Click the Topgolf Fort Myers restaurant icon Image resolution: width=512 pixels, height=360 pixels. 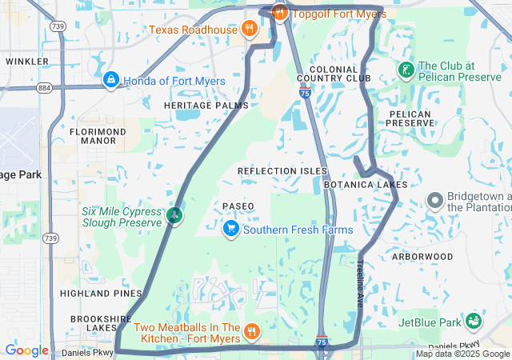279,12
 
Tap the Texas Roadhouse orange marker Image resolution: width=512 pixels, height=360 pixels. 250,30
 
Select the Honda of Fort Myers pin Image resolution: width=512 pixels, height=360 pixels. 110,81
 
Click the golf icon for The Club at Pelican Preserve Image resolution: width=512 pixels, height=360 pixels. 406,70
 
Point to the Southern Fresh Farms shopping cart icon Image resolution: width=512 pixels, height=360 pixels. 231,230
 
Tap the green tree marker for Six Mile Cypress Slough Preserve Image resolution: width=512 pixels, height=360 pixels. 174,215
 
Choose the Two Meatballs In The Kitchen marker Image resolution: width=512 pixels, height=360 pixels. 252,331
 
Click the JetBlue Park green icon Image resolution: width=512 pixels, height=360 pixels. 474,322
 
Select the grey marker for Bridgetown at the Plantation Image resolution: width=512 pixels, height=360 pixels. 435,200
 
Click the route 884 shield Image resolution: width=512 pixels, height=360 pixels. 43,87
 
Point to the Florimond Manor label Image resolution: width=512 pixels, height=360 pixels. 98,135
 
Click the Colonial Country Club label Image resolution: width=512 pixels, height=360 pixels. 334,74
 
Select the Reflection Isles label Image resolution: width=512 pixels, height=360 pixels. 282,171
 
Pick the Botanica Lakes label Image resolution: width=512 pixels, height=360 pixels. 366,185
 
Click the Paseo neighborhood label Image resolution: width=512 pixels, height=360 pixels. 238,206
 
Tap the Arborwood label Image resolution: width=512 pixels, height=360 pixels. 422,257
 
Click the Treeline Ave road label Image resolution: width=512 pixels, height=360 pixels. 361,281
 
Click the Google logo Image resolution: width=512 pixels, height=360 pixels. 26,350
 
